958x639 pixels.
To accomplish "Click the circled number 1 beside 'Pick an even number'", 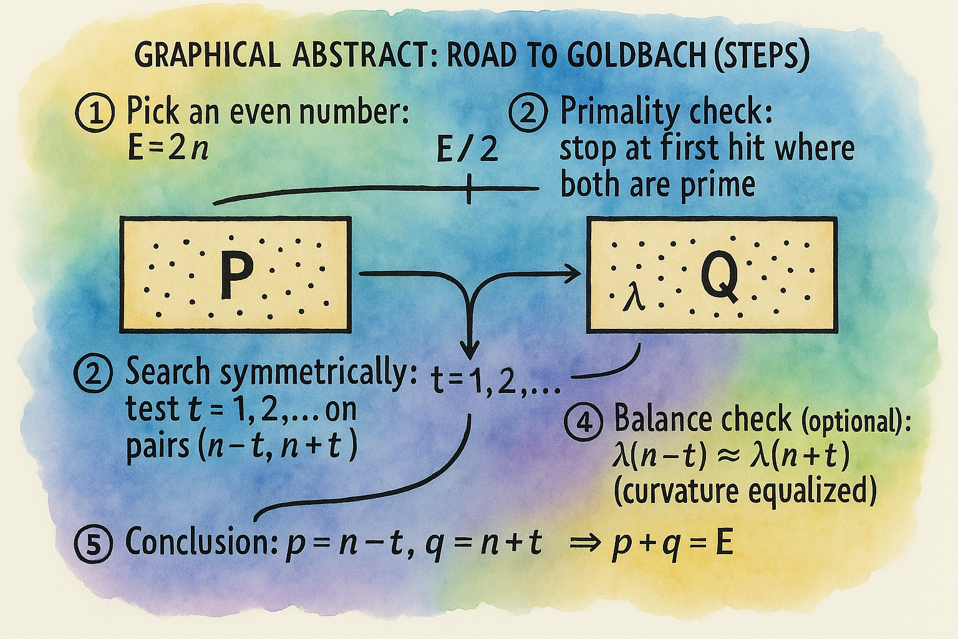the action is coord(95,114).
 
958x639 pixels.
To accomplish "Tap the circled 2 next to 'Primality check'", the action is coord(528,114).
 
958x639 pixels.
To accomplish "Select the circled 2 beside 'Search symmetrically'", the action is coord(94,374).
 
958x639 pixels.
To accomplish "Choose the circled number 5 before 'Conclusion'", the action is coord(94,543).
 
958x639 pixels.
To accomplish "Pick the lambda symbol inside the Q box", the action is coord(635,296).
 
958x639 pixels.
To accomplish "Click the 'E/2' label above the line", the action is coord(468,150).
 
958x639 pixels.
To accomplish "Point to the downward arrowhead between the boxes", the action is coord(469,347).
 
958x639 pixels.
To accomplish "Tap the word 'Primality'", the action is coord(617,112).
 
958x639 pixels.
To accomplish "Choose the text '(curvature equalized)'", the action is coord(745,491).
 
